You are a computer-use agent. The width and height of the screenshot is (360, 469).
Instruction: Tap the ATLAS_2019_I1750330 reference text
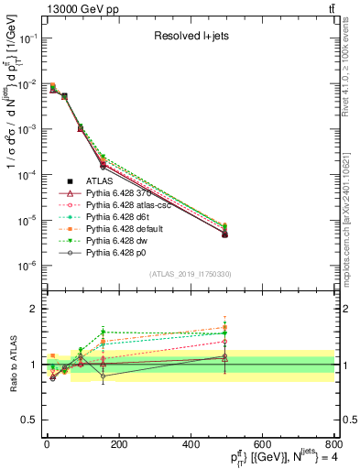pyautogui.click(x=191, y=274)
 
